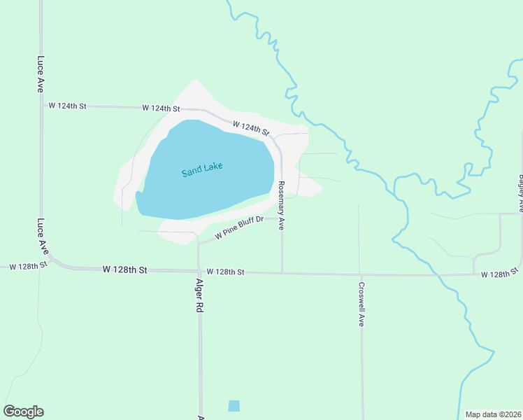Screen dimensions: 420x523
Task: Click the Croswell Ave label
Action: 361,304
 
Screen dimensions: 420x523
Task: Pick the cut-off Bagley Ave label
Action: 520,193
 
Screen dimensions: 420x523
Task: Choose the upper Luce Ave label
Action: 41,75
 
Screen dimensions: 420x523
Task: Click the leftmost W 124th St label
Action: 67,106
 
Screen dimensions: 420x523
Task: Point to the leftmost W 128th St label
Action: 27,265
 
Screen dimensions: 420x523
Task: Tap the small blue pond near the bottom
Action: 234,406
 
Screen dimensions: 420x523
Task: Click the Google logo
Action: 24,412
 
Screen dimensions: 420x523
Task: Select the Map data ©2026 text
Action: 493,414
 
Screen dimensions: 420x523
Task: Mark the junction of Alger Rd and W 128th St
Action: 199,271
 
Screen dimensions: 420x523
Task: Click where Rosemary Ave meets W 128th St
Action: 282,272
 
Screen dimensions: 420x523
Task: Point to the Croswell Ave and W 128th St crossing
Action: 360,274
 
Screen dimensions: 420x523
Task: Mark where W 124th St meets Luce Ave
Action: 41,106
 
